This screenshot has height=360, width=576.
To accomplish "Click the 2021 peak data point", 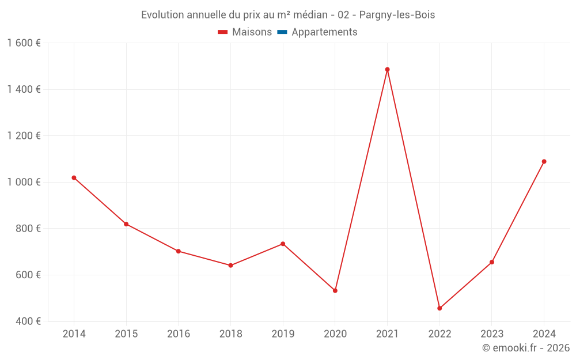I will click(387, 70).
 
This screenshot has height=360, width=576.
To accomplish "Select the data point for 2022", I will click(439, 308).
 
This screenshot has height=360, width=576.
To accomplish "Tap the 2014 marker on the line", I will click(74, 177).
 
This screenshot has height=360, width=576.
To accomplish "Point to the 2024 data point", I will click(544, 161).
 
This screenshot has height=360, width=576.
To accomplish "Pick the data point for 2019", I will click(283, 244).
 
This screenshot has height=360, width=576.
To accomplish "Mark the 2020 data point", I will click(335, 290).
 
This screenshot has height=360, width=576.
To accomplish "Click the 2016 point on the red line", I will click(179, 251).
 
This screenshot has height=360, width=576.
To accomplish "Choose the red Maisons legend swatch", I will click(223, 32).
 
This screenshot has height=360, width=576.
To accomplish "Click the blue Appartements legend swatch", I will click(282, 32).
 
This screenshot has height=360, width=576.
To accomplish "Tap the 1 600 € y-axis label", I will click(24, 43).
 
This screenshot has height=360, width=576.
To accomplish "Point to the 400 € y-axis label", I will click(28, 321).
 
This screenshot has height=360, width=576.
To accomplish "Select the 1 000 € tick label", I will click(24, 182).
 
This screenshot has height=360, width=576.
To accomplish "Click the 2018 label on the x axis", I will click(230, 334).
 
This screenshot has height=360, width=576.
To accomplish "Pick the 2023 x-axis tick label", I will click(491, 334).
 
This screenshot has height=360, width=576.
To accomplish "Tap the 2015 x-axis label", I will click(126, 334).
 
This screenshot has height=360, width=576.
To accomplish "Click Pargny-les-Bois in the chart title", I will click(397, 15).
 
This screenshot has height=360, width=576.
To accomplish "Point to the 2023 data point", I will click(491, 262).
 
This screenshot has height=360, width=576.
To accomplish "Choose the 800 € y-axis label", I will click(28, 228).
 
